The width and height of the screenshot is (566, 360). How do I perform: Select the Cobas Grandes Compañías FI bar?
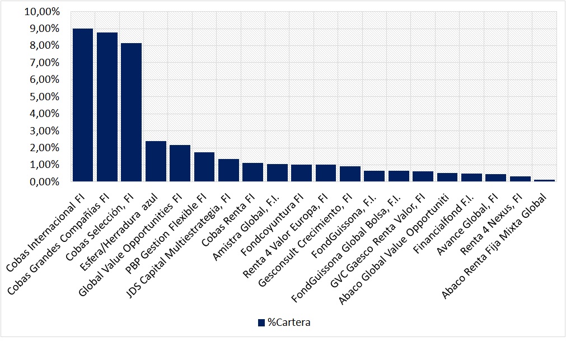[x=107, y=107]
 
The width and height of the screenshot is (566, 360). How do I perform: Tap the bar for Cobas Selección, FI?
[x=132, y=112]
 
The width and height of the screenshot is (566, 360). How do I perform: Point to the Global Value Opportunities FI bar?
[x=180, y=163]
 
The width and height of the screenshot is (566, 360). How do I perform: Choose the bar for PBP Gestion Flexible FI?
[x=204, y=167]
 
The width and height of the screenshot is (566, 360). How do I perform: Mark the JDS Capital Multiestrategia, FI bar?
[x=228, y=170]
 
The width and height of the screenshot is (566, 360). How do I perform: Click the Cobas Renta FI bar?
[x=252, y=172]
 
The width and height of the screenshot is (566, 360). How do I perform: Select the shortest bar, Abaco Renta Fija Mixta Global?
[x=544, y=180]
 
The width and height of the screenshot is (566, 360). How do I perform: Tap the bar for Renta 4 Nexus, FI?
[x=520, y=179]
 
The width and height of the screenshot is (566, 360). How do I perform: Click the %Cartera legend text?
[x=288, y=322]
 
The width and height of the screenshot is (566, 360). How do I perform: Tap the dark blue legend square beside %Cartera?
[x=261, y=322]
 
